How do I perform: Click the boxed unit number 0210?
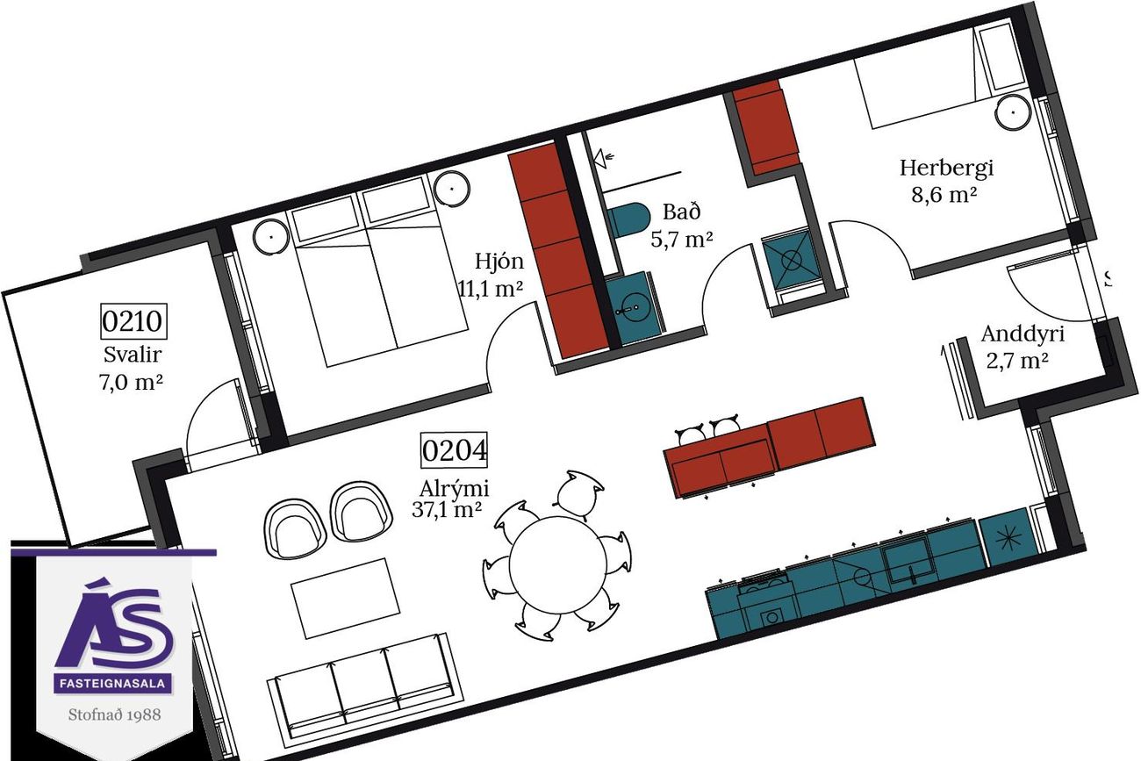click(x=133, y=321)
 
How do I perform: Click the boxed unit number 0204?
click(x=454, y=450)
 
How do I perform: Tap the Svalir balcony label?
click(x=133, y=355)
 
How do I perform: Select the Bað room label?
click(x=682, y=212)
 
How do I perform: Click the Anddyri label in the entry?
click(x=1023, y=334)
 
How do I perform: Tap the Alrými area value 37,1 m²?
click(x=447, y=509)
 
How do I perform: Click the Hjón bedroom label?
click(x=499, y=262)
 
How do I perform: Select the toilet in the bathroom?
click(x=627, y=219)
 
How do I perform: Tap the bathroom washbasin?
click(x=632, y=307)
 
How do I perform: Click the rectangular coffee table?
click(x=345, y=599)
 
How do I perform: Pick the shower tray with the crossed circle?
click(x=790, y=262)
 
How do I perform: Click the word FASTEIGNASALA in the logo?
click(x=112, y=683)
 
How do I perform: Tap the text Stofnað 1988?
click(x=115, y=714)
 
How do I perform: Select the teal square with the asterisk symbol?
click(x=1008, y=538)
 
